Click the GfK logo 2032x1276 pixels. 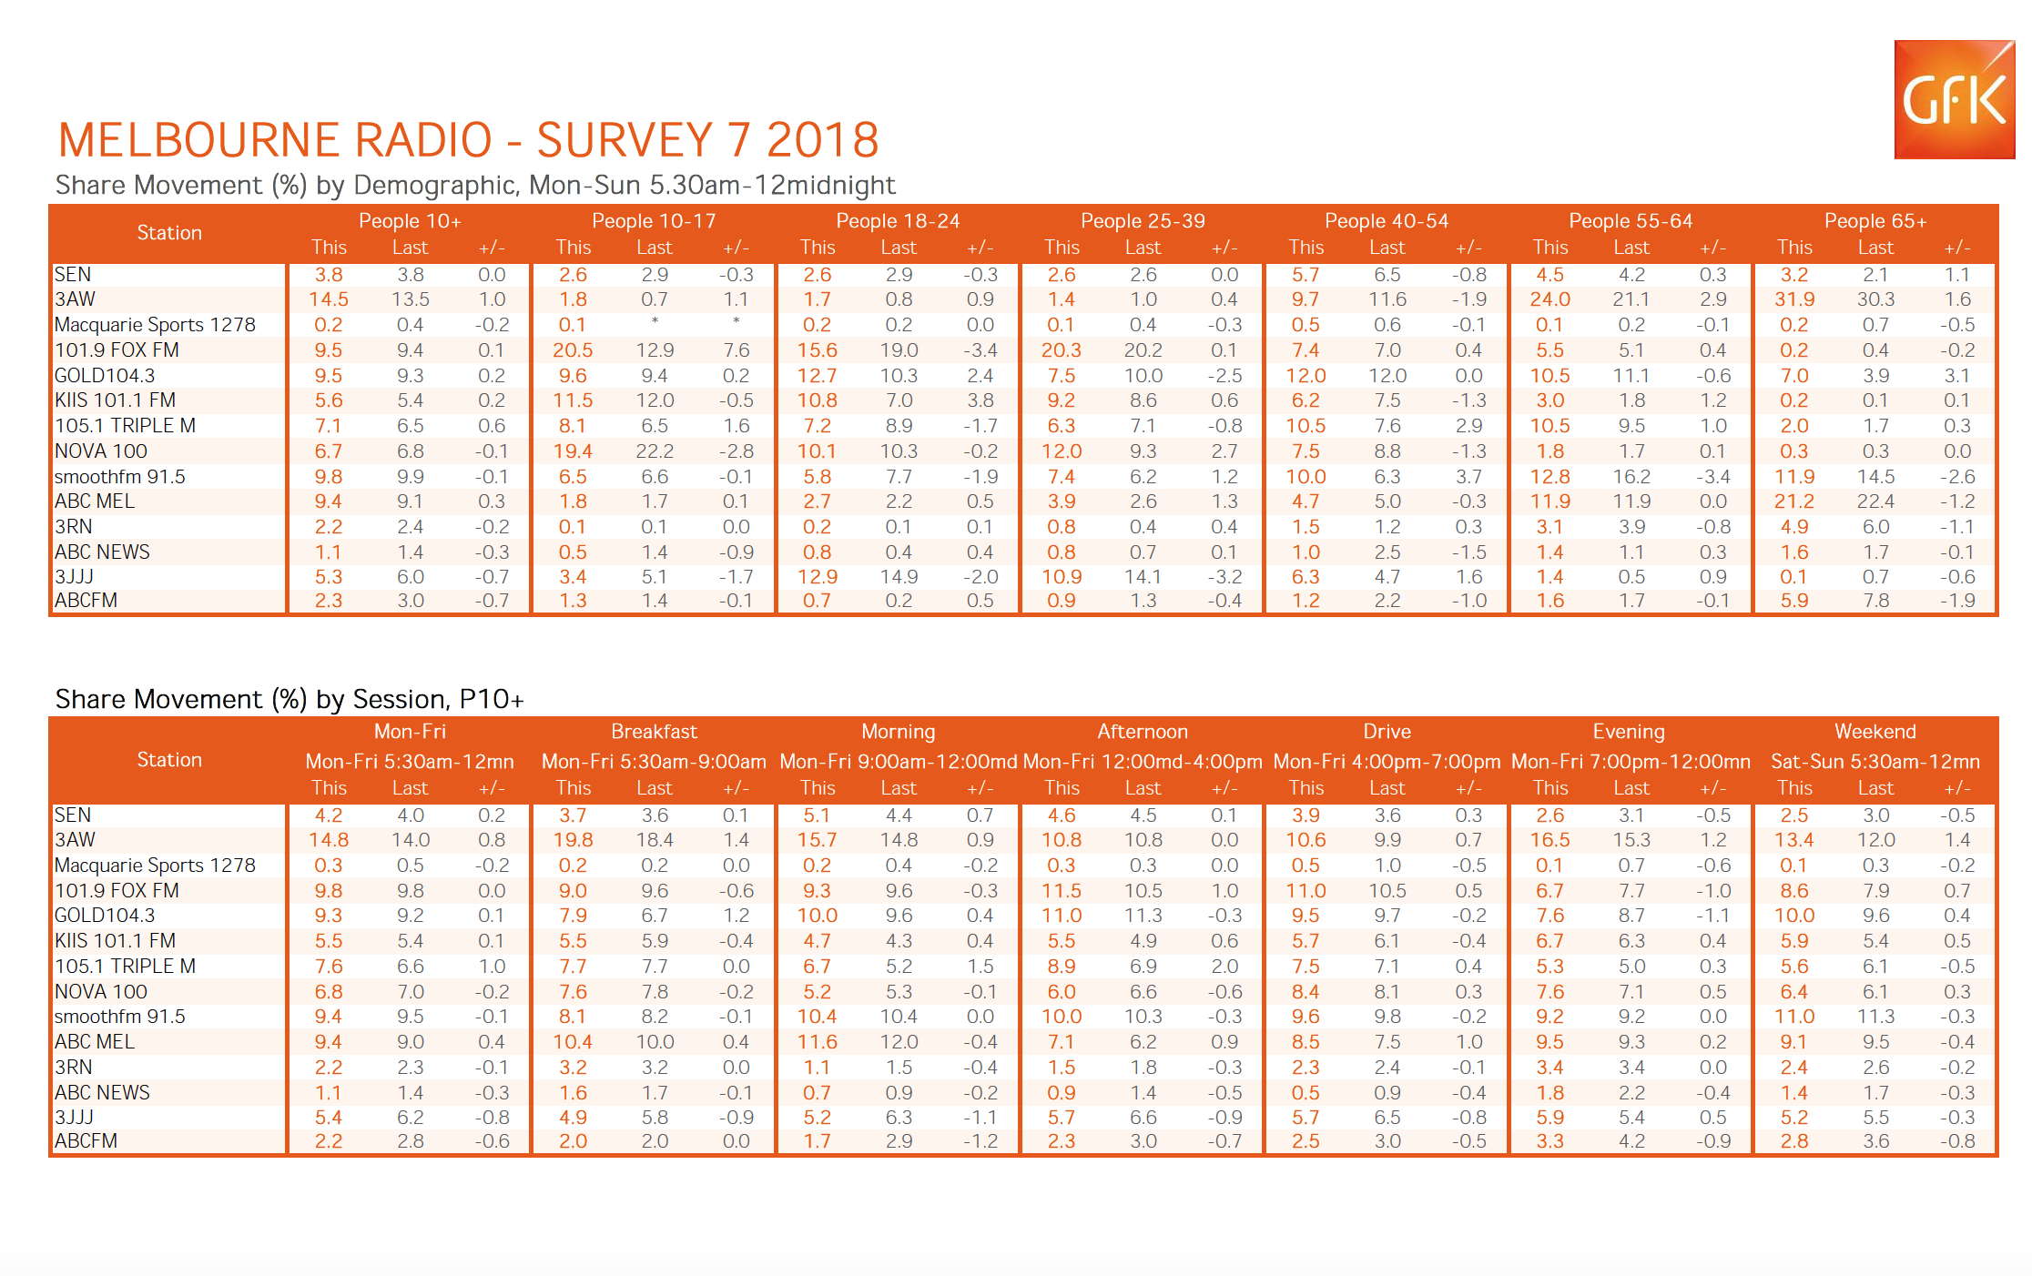pyautogui.click(x=1954, y=99)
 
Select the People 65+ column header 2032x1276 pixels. pyautogui.click(x=1875, y=221)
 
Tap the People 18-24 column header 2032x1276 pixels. pyautogui.click(x=898, y=221)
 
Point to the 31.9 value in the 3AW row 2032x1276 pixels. pyautogui.click(x=1793, y=299)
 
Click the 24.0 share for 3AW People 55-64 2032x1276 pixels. pyautogui.click(x=1549, y=299)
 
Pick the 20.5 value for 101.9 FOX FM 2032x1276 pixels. pyautogui.click(x=573, y=350)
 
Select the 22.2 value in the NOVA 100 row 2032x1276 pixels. pyautogui.click(x=655, y=451)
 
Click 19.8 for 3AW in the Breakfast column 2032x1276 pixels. pyautogui.click(x=573, y=840)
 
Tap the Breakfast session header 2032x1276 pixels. pyautogui.click(x=654, y=732)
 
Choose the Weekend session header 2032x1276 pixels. pyautogui.click(x=1875, y=732)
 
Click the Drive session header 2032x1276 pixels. pyautogui.click(x=1387, y=732)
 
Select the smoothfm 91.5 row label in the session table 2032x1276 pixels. pyautogui.click(x=119, y=1017)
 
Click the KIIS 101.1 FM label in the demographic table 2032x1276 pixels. pyautogui.click(x=115, y=400)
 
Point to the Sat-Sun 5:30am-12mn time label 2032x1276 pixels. pyautogui.click(x=1875, y=762)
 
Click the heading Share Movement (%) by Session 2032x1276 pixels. pyautogui.click(x=290, y=699)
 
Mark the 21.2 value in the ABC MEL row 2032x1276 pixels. pyautogui.click(x=1793, y=501)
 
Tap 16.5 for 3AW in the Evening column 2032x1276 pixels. pyautogui.click(x=1549, y=840)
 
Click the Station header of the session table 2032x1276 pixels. pyautogui.click(x=169, y=760)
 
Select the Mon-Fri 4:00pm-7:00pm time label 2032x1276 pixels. pyautogui.click(x=1387, y=762)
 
